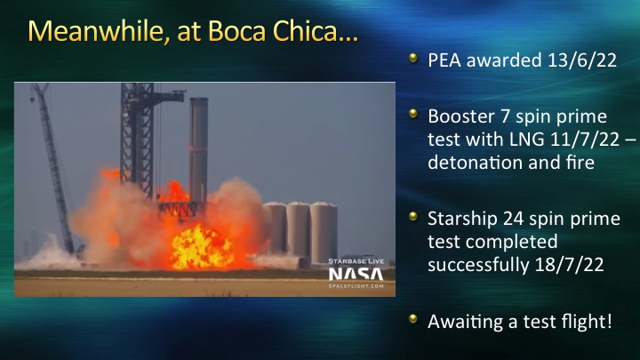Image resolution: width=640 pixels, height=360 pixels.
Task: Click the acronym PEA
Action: (444, 60)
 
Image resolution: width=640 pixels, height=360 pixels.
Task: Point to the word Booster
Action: (461, 116)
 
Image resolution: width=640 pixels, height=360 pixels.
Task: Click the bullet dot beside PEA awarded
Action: (413, 58)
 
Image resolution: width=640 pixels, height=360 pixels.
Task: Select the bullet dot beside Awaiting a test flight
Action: (413, 319)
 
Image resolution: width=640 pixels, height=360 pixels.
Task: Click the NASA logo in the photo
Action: (356, 275)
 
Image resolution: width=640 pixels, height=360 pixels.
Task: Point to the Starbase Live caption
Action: (356, 261)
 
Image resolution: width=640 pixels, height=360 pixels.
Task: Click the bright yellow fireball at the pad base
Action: (202, 247)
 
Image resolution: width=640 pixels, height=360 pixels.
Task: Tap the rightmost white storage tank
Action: (324, 233)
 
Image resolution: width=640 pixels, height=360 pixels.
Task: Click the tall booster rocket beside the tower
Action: (198, 151)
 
